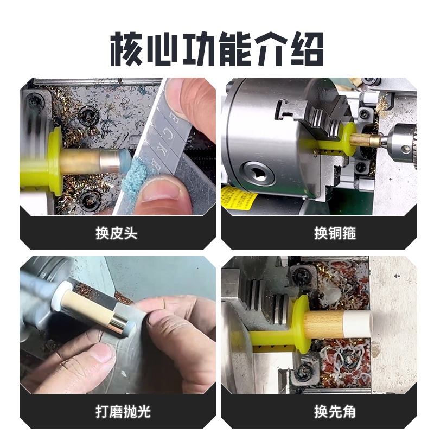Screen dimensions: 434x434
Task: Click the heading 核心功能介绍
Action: pos(217,49)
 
